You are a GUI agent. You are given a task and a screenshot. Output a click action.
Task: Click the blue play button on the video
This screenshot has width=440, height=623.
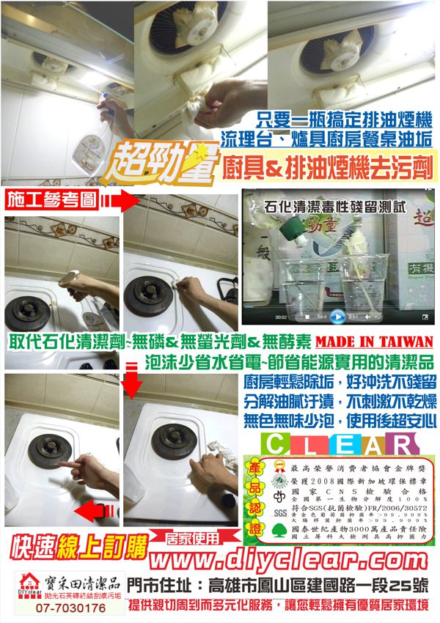(x=337, y=317)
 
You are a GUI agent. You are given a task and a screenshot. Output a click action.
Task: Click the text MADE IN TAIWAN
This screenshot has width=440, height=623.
(x=374, y=342)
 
